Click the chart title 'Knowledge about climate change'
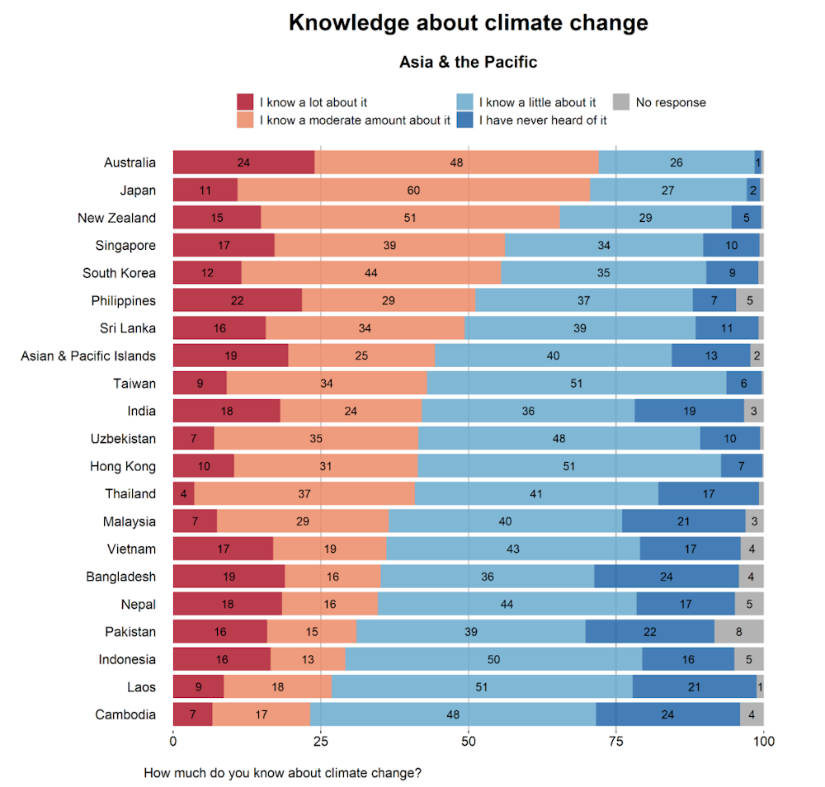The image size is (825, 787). coord(468,23)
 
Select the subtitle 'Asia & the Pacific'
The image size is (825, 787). coord(468,62)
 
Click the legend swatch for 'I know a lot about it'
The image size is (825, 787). coord(245,102)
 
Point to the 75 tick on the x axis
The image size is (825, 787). coord(616,741)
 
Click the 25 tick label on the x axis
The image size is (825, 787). coord(321,741)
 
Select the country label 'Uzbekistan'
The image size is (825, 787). coord(123,438)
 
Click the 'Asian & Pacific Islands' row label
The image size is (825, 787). coord(88,356)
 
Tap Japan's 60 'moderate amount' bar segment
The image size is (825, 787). coord(413,190)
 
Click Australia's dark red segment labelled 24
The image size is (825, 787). coord(243,163)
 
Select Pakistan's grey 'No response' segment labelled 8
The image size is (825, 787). coord(738,632)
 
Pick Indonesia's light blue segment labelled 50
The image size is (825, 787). coord(493,659)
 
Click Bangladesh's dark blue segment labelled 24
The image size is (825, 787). coord(667,577)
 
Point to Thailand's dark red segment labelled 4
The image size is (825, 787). coord(183,493)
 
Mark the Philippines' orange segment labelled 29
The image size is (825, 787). coord(389,300)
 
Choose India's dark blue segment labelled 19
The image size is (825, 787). coord(689,411)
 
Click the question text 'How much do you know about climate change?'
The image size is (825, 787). coord(283,773)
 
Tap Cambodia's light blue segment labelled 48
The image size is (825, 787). coord(453,714)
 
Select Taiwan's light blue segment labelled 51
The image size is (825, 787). coord(576,383)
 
